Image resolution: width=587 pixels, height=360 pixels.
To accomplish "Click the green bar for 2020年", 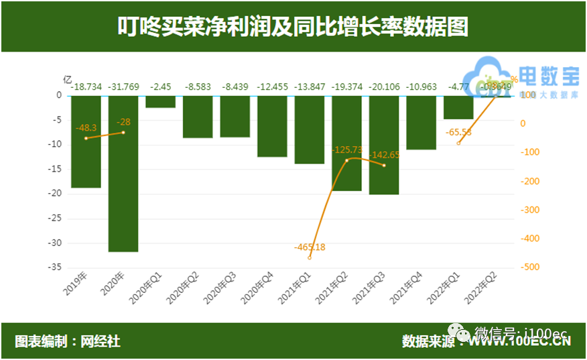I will (x=123, y=174).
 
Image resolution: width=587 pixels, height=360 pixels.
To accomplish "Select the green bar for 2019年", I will (x=86, y=141).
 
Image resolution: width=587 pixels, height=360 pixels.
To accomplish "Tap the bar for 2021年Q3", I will (x=384, y=145).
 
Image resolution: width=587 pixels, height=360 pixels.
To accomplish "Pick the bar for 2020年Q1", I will (x=160, y=101).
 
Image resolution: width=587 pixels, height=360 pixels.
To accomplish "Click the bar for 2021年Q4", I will (x=421, y=123).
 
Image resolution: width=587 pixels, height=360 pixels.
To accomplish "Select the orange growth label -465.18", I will (x=310, y=247).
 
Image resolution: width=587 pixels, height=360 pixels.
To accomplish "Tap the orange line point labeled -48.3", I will (x=86, y=138).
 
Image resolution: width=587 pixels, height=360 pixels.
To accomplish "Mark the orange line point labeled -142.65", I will (x=384, y=165).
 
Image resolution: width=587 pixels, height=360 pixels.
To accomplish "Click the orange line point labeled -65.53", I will (x=458, y=143).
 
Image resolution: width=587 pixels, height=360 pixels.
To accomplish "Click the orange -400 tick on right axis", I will (x=530, y=239).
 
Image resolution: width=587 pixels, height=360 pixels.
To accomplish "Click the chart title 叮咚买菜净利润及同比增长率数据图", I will (x=293, y=27).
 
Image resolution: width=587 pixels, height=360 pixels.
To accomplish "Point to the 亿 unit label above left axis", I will (x=67, y=78).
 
